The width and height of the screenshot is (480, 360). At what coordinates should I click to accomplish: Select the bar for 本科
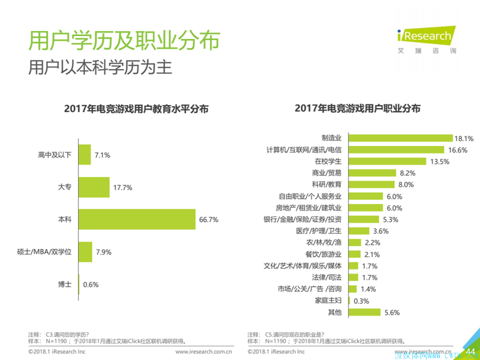tap(137, 219)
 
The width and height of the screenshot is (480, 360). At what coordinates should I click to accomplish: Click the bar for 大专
tap(94, 187)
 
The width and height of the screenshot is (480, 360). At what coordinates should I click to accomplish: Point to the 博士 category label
tap(65, 284)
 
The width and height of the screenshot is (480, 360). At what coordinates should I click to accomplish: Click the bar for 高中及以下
tap(85, 155)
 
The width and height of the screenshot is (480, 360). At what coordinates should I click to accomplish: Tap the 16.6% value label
tap(457, 149)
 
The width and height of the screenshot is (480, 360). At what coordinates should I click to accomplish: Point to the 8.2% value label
tap(407, 173)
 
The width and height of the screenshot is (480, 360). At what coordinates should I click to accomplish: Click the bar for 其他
tap(364, 312)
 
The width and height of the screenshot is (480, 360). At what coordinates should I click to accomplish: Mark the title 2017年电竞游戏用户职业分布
tap(358, 109)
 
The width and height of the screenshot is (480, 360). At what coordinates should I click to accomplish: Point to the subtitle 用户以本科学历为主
tap(101, 67)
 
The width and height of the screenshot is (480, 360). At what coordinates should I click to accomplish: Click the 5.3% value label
tap(391, 220)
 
